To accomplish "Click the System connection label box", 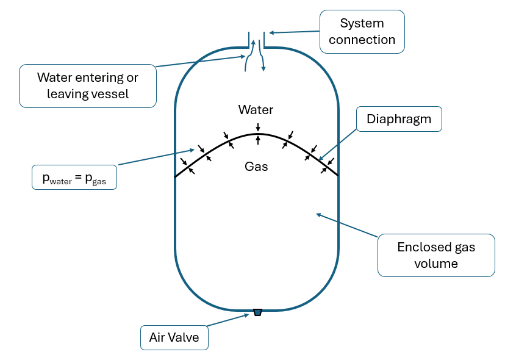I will (362, 32).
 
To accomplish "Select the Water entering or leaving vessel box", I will (87, 85).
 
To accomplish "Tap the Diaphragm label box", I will (398, 120).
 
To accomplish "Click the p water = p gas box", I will (74, 176).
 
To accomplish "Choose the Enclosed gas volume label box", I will (435, 255).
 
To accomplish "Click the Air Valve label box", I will (174, 337).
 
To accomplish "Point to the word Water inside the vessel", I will (256, 110).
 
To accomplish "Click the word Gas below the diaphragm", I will (256, 166).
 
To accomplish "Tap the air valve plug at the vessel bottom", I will (257, 312).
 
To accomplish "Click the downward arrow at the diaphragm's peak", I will (258, 127).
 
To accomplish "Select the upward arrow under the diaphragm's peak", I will (258, 140).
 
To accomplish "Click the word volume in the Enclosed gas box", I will (435, 264).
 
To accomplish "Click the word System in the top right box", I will (362, 24).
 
